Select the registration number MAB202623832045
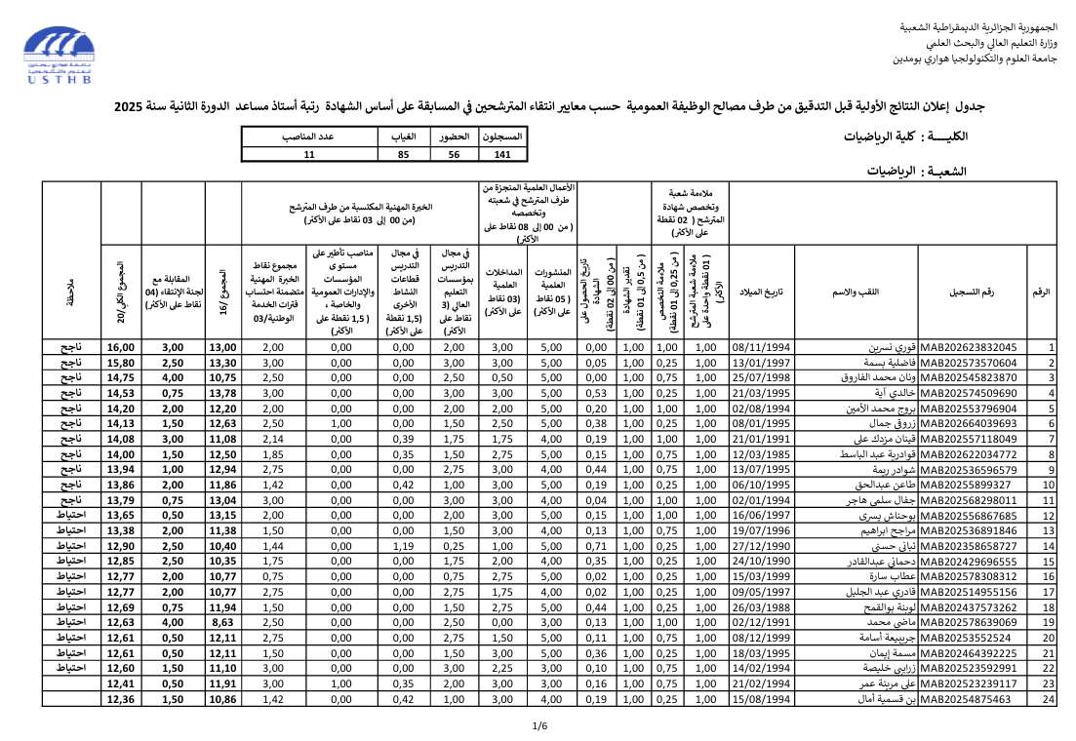968,347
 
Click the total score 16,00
120,347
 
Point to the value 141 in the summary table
502,154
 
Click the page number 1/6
539,725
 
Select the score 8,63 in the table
222,621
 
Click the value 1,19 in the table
403,546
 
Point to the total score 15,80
120,363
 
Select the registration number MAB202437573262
968,606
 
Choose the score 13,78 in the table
222,393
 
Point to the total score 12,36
120,698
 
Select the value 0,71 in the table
595,546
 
